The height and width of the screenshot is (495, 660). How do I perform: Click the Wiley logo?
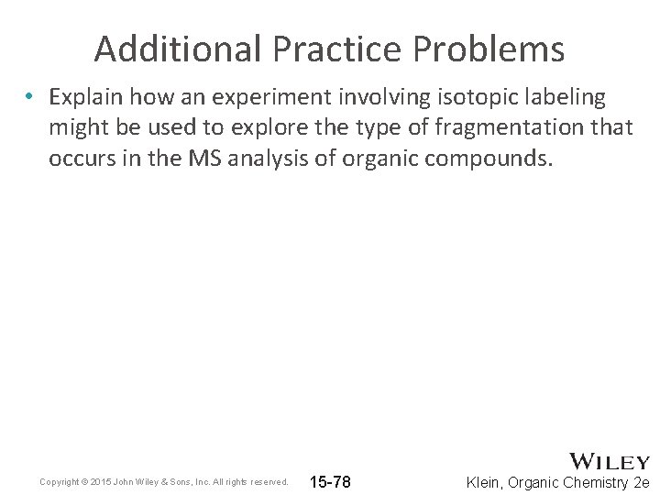click(610, 461)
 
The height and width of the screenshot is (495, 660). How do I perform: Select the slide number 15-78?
click(330, 481)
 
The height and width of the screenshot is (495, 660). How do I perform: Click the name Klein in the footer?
click(485, 482)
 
